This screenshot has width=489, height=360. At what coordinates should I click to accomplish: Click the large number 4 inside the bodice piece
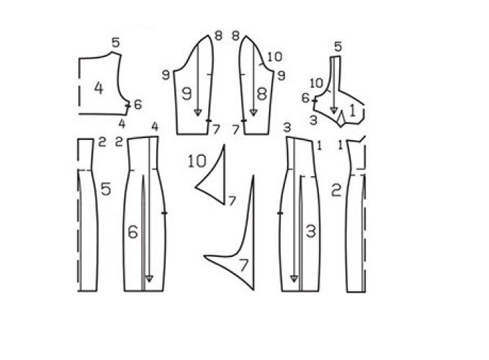click(x=98, y=88)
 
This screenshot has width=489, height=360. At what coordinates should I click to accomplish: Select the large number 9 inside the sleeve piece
click(x=187, y=93)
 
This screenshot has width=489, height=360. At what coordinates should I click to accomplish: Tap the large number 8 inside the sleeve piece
click(x=262, y=93)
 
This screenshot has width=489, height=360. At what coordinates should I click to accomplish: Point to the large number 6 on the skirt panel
click(x=133, y=232)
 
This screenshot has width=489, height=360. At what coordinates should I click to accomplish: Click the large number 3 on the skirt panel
click(x=311, y=231)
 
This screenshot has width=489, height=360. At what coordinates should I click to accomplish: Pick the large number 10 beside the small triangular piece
click(x=197, y=161)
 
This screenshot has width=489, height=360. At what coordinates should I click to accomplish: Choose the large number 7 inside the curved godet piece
click(x=243, y=265)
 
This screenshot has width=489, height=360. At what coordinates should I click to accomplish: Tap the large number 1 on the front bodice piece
click(x=352, y=111)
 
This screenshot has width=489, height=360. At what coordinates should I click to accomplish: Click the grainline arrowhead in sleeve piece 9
click(x=198, y=113)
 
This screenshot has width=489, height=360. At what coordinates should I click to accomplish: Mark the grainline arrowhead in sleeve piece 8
click(x=254, y=113)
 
